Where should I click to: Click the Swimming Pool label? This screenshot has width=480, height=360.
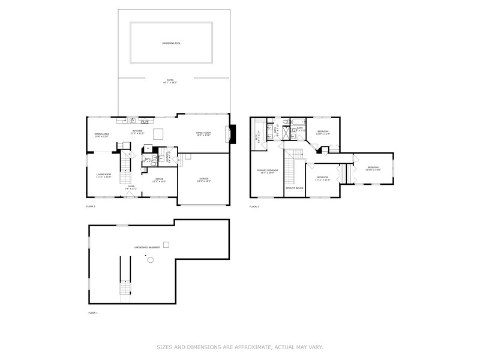172,43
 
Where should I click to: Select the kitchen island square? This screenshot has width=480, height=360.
158,133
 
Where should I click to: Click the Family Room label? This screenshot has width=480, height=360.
204,133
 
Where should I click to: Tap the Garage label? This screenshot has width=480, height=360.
205,179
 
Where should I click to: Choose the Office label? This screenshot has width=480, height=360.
159,179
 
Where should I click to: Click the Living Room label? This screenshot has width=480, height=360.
104,175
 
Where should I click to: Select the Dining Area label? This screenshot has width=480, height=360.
101,134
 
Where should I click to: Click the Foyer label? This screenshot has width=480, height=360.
131,188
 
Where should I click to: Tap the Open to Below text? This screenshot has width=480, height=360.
293,187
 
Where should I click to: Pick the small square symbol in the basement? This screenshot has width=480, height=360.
167,244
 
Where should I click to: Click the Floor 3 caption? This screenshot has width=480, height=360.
254,207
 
